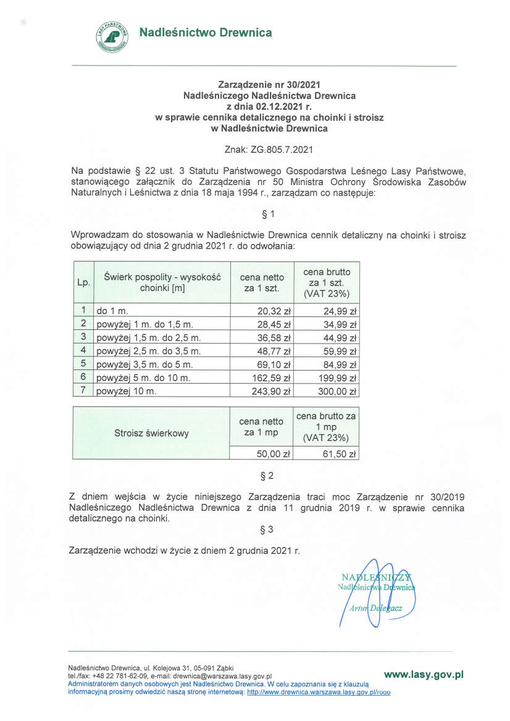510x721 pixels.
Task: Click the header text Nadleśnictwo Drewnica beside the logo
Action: (205, 32)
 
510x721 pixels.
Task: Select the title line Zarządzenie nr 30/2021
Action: (269, 84)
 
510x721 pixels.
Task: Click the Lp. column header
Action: (83, 282)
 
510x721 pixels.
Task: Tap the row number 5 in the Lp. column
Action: (83, 364)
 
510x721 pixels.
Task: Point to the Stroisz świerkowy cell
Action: (151, 433)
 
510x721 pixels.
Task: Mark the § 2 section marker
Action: (267, 476)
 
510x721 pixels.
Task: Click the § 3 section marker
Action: (267, 529)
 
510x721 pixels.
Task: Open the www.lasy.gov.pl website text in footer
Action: (423, 675)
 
